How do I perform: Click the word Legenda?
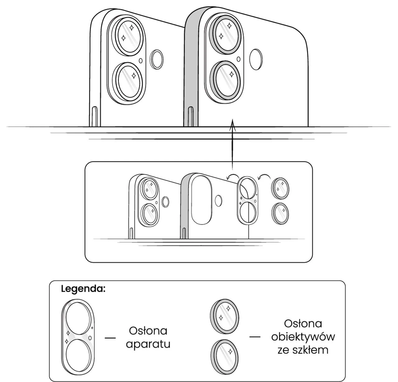[83, 289]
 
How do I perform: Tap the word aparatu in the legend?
[148, 344]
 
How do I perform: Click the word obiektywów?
[303, 337]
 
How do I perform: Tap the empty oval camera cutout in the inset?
[202, 199]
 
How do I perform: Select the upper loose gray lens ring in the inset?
[280, 188]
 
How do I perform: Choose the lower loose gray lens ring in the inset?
[280, 213]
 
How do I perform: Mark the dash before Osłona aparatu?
[110, 338]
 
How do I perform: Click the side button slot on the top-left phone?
[95, 116]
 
